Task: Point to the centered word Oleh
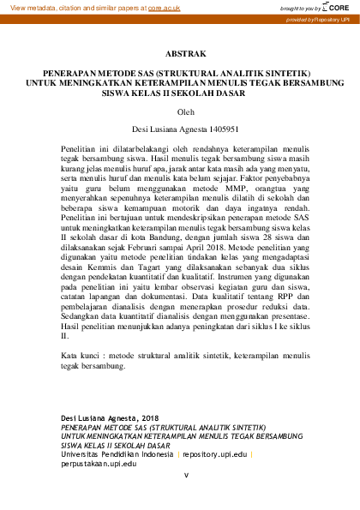(180, 111)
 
